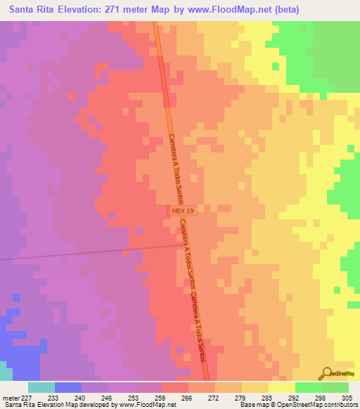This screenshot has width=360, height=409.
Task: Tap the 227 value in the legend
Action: coord(28,397)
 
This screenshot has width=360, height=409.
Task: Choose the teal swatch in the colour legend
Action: coord(41,387)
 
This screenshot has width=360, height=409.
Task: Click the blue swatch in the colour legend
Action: coord(68,387)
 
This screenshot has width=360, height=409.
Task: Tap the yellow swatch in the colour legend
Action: coord(282,387)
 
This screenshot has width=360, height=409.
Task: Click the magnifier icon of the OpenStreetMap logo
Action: coord(326,373)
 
